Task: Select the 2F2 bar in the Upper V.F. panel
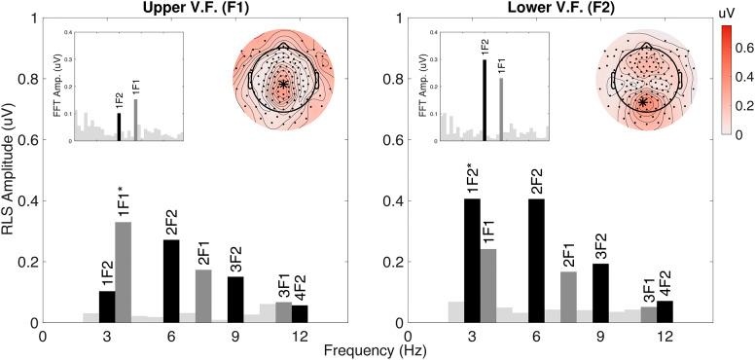[170, 281]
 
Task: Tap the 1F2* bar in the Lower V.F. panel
[472, 261]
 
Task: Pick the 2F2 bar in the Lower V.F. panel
[535, 261]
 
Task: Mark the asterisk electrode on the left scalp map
[282, 85]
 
